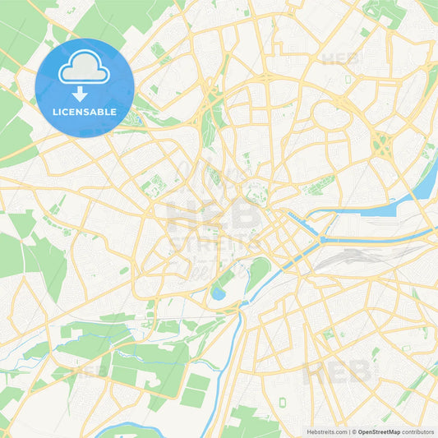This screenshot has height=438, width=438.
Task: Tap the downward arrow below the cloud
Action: click(x=84, y=92)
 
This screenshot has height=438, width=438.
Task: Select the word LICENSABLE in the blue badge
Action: click(x=84, y=110)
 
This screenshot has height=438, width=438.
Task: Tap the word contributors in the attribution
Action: click(x=418, y=431)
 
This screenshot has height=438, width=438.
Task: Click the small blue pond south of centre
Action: click(x=218, y=292)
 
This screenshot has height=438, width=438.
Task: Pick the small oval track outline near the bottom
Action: click(x=283, y=403)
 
